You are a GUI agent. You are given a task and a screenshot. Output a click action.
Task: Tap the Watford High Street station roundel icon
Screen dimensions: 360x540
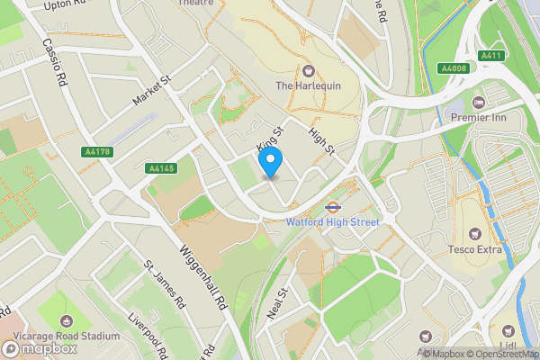(x=332, y=205)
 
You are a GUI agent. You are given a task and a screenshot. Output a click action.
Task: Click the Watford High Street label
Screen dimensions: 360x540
(x=332, y=221)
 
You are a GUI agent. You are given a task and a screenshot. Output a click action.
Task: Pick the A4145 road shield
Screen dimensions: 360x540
(x=160, y=168)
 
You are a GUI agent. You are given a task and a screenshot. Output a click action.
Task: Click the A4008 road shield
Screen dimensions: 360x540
(x=454, y=68)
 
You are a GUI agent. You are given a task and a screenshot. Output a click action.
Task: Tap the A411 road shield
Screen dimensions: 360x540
(x=490, y=56)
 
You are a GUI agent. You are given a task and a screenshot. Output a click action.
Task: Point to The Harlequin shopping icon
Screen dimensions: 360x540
(x=309, y=71)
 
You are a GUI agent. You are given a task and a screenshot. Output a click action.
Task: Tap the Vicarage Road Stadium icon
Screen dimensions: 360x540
(x=65, y=321)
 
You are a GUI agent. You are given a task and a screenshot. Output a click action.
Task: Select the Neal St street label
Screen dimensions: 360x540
(x=276, y=304)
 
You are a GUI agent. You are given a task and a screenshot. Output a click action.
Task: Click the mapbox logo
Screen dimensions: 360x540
(x=37, y=346)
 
